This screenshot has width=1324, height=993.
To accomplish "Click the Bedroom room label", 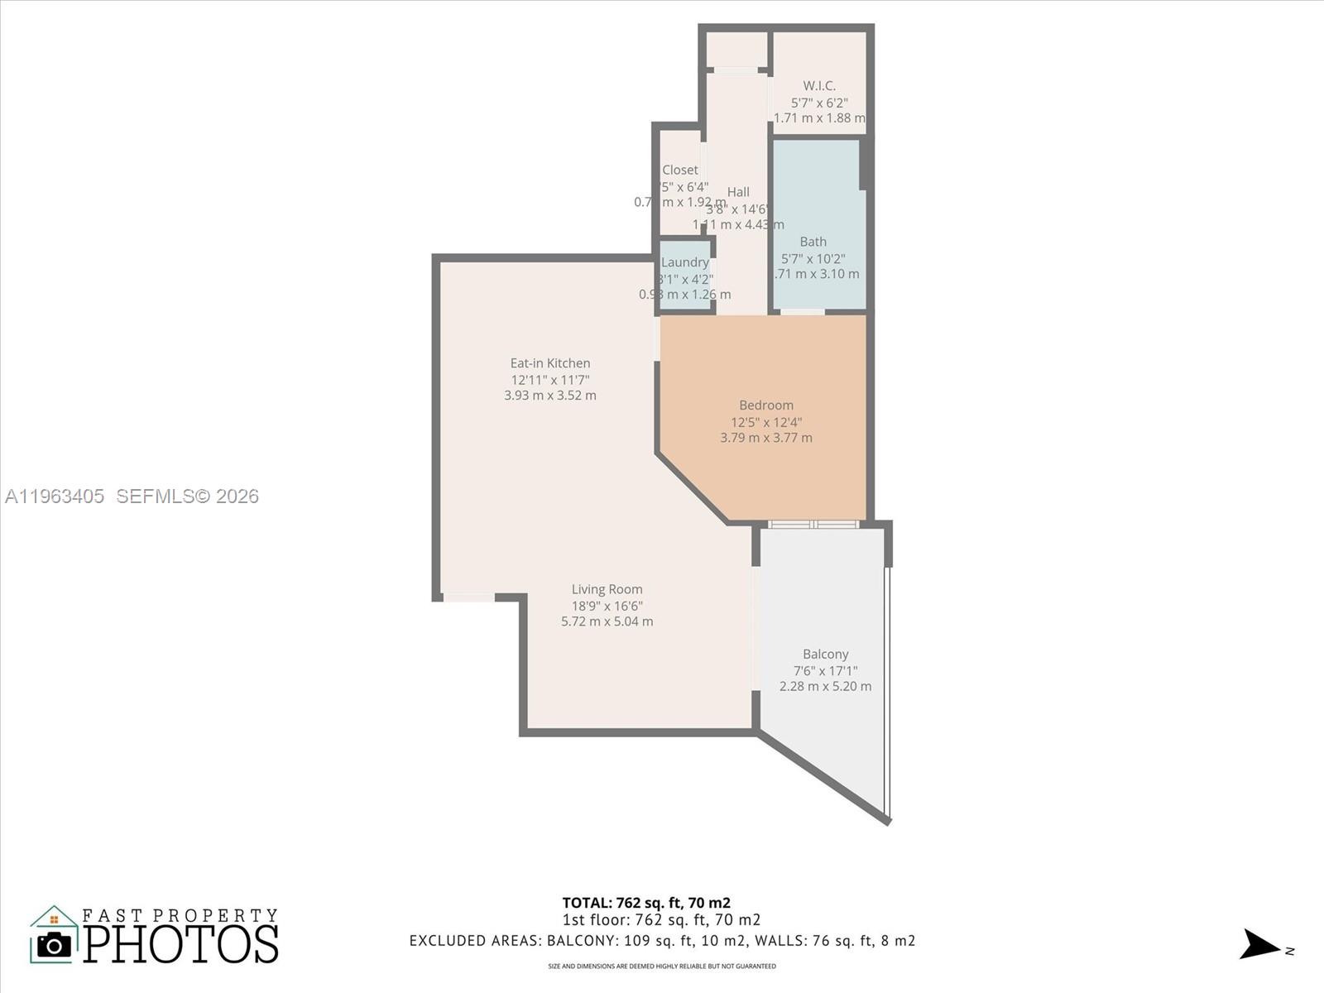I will [765, 405].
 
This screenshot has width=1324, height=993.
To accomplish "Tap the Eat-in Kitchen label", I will [550, 363].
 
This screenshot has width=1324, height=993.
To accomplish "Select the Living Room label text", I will [607, 590].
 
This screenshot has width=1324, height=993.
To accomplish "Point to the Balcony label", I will [825, 655].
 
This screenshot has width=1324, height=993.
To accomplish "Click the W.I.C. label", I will [819, 86].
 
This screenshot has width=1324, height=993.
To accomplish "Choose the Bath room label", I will [813, 242].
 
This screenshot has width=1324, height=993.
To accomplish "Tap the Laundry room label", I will [685, 262].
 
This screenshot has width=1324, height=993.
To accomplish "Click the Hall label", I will [738, 192].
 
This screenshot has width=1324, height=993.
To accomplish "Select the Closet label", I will [679, 170].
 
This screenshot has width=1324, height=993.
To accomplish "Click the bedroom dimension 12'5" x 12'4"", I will [765, 422].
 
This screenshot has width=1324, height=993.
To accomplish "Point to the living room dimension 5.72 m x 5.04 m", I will [607, 621].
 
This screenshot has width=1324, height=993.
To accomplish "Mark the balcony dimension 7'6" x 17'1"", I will [825, 671].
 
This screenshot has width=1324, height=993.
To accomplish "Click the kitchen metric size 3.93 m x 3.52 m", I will [550, 396].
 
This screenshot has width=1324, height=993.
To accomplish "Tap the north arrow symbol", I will [1259, 944].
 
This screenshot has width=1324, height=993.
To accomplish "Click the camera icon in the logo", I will [55, 945].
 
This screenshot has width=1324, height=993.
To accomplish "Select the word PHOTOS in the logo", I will [180, 945].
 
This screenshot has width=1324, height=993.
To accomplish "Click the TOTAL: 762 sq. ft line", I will [645, 903].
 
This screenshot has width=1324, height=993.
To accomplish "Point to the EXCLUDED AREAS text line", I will [662, 941].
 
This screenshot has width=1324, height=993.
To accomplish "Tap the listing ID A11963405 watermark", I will [55, 496].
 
